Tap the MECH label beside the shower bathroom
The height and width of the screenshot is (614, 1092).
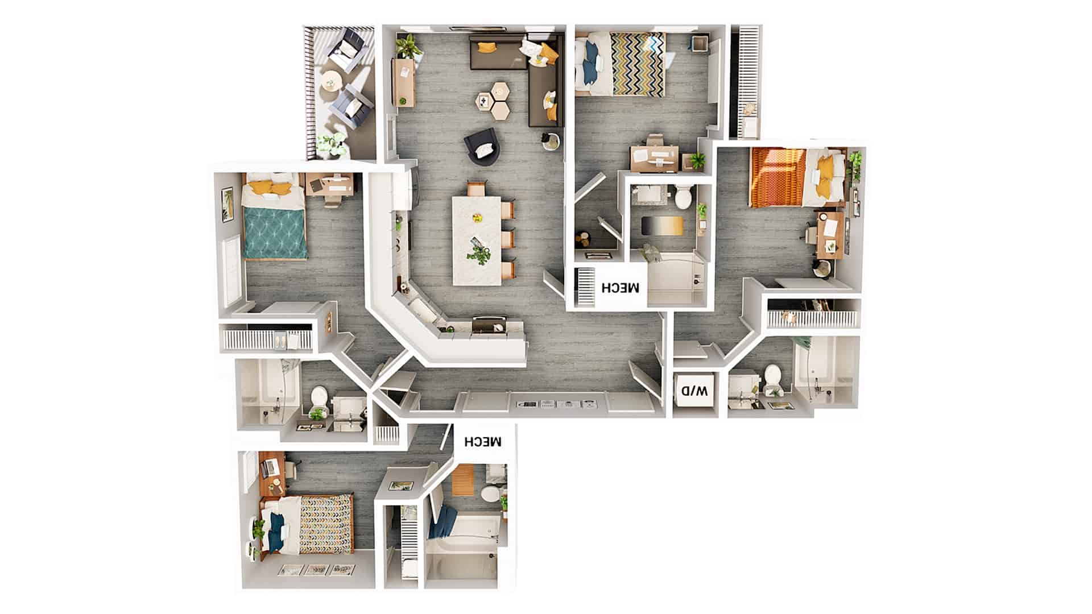pyautogui.click(x=621, y=287)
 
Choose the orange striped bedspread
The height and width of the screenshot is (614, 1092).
pyautogui.click(x=777, y=177)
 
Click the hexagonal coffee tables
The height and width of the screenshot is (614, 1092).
pyautogui.click(x=493, y=100)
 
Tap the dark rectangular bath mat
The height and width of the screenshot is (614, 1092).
pyautogui.click(x=660, y=225)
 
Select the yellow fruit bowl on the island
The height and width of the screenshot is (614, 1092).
pyautogui.click(x=477, y=217)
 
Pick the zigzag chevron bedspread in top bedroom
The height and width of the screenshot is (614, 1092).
pyautogui.click(x=638, y=64)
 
